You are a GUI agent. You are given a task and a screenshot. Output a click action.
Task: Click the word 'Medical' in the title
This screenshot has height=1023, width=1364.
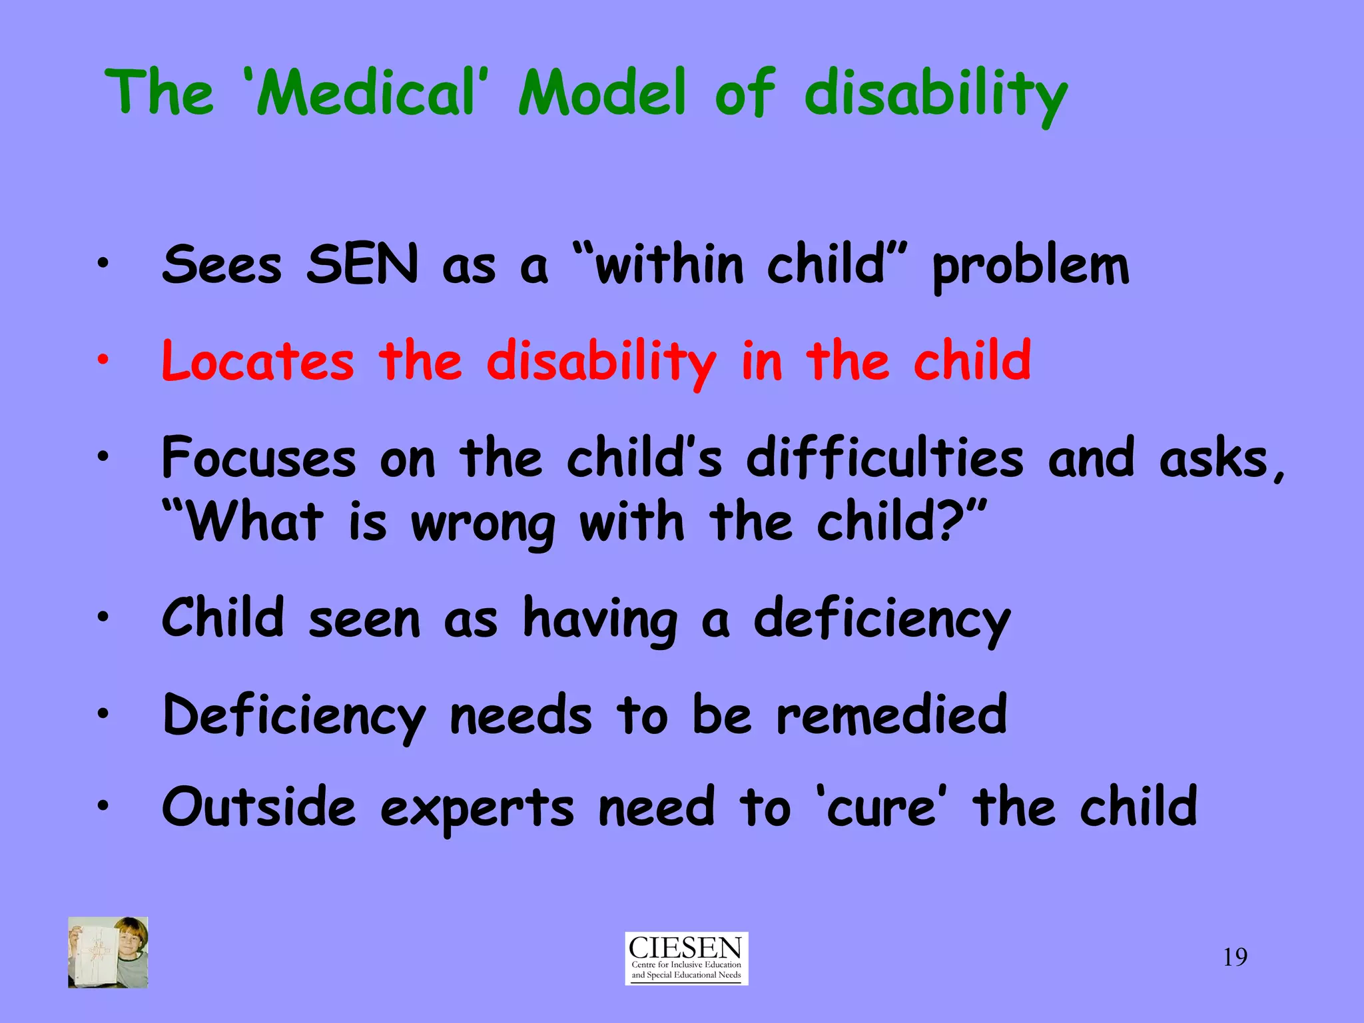[363, 93]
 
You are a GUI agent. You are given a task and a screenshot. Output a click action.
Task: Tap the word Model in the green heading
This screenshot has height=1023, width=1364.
[602, 93]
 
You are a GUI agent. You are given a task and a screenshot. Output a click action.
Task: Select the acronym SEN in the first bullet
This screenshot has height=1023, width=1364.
[362, 265]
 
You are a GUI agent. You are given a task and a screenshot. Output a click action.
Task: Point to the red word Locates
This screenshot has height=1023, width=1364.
[258, 362]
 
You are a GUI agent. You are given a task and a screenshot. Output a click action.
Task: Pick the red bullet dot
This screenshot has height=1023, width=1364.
[102, 360]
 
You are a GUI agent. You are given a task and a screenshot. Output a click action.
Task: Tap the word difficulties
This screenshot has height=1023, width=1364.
[884, 458]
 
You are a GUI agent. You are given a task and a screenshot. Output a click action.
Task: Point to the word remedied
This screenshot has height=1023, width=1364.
[892, 715]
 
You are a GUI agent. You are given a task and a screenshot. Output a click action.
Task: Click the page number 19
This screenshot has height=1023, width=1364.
[1235, 958]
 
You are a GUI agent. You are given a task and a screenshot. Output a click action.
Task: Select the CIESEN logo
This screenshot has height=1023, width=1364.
[686, 958]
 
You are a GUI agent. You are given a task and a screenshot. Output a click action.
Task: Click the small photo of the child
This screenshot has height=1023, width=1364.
[108, 952]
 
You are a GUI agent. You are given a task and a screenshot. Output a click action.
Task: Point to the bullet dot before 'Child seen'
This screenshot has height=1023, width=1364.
[102, 617]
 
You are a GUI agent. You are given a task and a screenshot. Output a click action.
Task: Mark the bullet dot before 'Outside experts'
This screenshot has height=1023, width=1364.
[102, 806]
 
